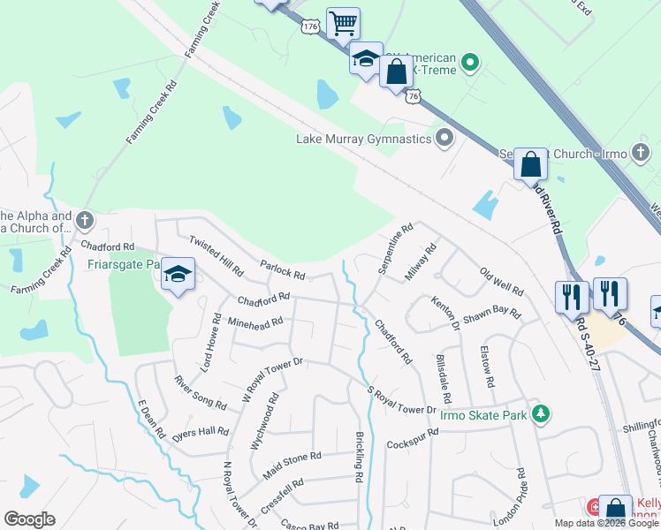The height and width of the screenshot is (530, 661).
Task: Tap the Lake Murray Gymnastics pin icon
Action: click(444, 138)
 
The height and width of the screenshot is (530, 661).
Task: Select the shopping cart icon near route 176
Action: click(343, 24)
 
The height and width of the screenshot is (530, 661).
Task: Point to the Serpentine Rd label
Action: click(394, 251)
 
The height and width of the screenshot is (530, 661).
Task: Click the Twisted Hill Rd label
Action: click(216, 254)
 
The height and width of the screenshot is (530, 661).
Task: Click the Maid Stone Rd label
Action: click(291, 466)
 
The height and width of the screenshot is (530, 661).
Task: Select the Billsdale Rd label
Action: click(443, 375)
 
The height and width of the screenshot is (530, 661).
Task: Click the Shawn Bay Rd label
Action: click(493, 314)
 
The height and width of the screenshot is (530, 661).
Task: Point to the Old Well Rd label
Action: click(501, 281)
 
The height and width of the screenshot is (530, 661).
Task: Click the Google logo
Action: click(29, 519)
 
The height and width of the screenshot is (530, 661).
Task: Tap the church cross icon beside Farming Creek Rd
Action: click(84, 219)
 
